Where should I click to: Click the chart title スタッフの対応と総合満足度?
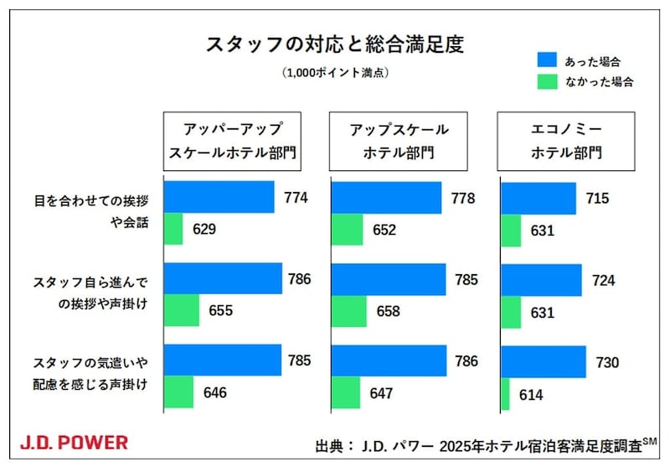coord(334,44)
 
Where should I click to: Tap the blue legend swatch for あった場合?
coord(546,60)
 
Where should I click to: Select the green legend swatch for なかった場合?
coord(546,82)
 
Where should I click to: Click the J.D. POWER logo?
coord(74,442)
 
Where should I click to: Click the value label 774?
coord(296,199)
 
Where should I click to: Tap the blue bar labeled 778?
coord(387,198)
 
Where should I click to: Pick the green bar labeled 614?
coord(505,395)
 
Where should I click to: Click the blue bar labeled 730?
coord(543,362)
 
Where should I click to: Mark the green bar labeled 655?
coord(182,311)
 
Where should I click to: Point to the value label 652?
coord(385,230)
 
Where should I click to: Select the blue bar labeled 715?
coord(538,199)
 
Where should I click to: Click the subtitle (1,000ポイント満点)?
coord(335,73)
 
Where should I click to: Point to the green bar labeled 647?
coord(347,392)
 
